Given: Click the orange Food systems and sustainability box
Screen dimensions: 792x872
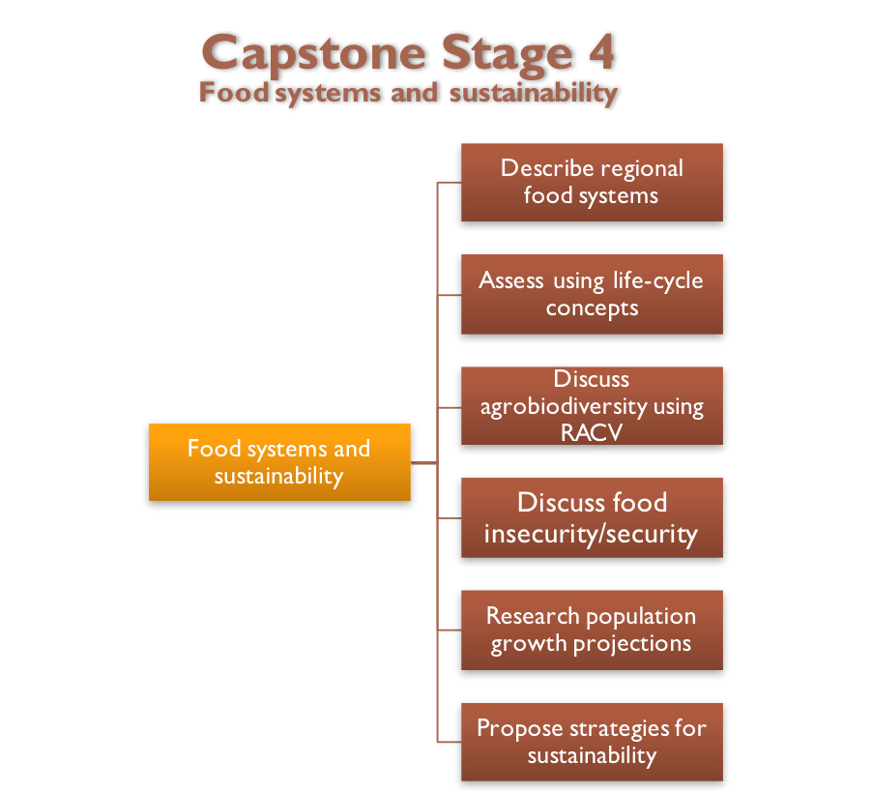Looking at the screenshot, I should pos(279,462).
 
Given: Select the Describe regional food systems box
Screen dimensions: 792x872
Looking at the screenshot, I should pos(592,182).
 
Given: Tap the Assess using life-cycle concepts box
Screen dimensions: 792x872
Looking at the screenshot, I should pos(592,294).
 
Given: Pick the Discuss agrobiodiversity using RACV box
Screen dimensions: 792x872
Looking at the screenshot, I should pos(592,405).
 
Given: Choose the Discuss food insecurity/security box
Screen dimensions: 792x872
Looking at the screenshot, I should pos(592,517).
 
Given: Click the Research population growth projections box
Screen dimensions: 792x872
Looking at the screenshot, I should pos(592,630).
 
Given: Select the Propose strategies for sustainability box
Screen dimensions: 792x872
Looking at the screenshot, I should pos(592,742).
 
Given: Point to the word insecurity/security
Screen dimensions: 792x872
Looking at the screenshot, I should pos(591,535).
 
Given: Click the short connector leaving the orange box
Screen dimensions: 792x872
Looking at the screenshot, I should pos(423,463).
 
